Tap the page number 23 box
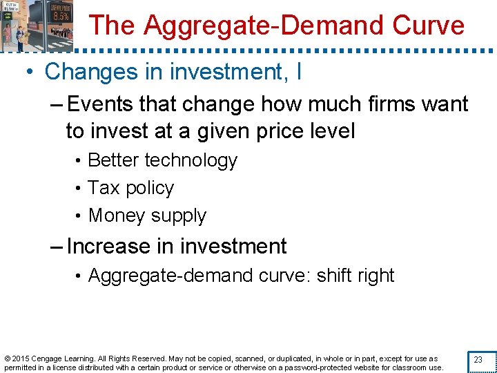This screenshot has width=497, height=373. [x=477, y=360]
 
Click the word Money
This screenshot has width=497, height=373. [x=116, y=216]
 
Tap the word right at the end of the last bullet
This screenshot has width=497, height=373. [x=376, y=276]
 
